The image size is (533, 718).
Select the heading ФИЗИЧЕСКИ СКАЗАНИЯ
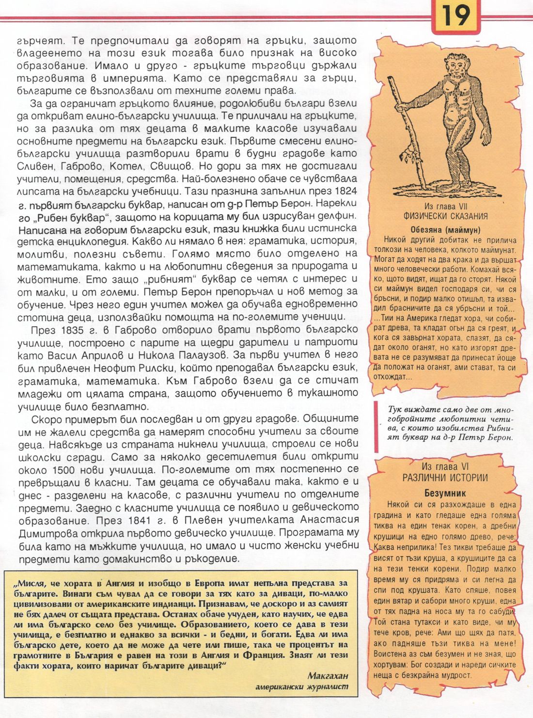tap(445, 216)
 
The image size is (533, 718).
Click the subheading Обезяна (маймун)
tap(445, 230)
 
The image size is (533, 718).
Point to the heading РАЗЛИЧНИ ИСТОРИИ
tap(445, 478)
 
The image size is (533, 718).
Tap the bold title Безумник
tap(445, 493)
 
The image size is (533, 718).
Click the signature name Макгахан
tap(328, 676)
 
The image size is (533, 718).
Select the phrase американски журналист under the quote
tap(301, 687)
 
